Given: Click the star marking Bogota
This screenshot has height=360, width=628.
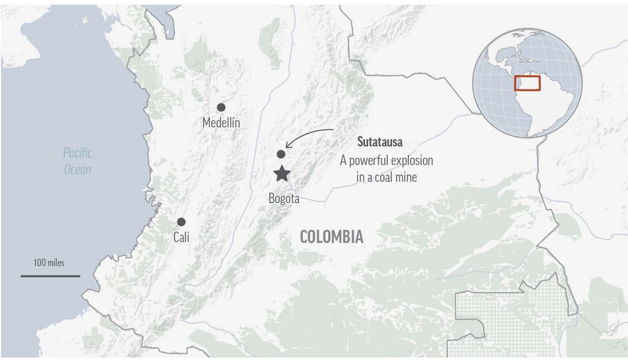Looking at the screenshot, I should click(282, 173).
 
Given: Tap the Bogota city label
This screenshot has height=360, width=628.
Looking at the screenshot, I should click(284, 199).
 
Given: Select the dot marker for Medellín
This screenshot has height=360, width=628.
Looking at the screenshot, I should click(221, 107).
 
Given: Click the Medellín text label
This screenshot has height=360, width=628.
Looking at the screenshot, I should click(221, 123).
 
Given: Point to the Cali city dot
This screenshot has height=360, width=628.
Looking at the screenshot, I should click(182, 222).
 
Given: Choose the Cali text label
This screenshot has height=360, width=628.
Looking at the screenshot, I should click(181, 237).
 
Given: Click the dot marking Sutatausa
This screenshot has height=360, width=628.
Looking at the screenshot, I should click(281, 154).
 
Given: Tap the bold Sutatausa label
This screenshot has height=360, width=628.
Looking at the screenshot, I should click(380, 143).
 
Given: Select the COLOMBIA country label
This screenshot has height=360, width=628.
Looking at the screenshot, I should click(332, 237).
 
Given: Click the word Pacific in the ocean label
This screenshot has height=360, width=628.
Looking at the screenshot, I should click(78, 153).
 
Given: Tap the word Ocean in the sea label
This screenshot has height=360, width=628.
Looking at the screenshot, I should click(78, 170).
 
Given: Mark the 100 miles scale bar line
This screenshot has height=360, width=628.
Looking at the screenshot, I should click(50, 276).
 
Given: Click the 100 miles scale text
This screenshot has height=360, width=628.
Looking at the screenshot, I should click(49, 263).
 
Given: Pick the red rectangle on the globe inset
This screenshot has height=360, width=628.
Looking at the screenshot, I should click(527, 83).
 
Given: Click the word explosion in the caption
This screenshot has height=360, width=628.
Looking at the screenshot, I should click(409, 160).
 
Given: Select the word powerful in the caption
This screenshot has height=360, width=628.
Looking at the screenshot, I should click(366, 160).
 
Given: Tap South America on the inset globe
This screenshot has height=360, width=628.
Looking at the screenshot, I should click(552, 108).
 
